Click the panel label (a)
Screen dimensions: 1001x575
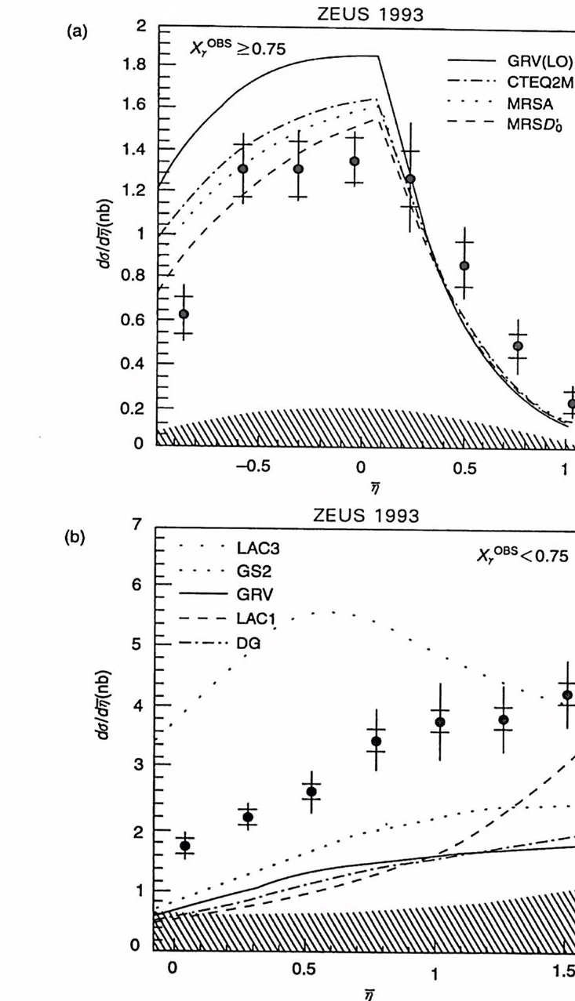coord(76,33)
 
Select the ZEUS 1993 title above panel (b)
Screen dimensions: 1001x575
coord(366,515)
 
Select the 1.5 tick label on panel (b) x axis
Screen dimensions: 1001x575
coord(563,968)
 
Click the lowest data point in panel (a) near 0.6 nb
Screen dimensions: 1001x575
coord(184,314)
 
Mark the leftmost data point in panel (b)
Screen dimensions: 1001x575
coord(186,845)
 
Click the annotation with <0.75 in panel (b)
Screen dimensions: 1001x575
coord(520,555)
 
